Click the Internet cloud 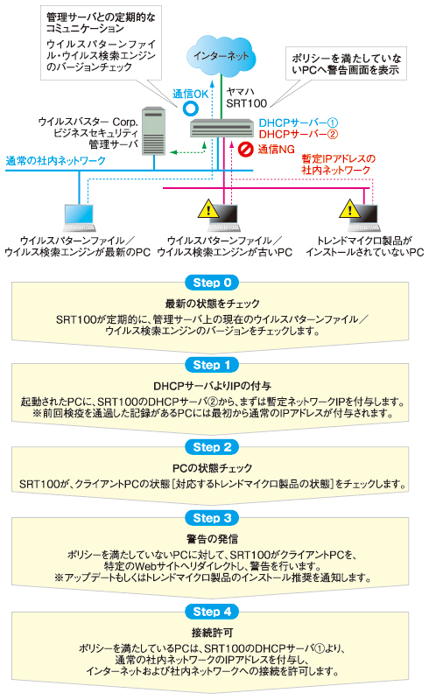click(222, 56)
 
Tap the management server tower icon click(153, 130)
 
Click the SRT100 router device click(222, 128)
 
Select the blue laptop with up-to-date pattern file click(80, 218)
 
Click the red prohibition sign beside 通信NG click(245, 149)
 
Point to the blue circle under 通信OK click(190, 108)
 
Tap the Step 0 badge click(212, 283)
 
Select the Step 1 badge click(212, 365)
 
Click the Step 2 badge click(212, 447)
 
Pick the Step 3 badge click(212, 518)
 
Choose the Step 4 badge click(212, 612)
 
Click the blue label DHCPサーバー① click(298, 122)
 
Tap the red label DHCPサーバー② click(298, 135)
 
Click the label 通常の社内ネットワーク click(56, 161)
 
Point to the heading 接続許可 click(212, 633)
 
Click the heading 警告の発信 click(212, 539)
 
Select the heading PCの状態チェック click(212, 468)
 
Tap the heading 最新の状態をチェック click(212, 304)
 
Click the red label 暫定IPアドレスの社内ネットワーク click(338, 164)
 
